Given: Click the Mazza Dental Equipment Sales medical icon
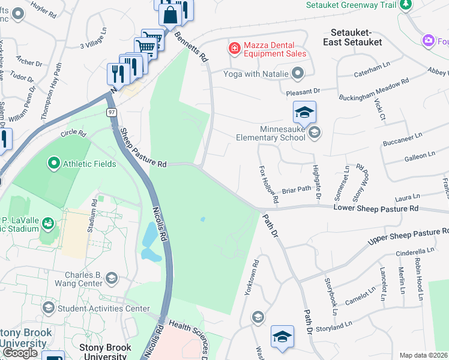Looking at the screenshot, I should pyautogui.click(x=234, y=47).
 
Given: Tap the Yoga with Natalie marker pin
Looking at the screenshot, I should pyautogui.click(x=298, y=74).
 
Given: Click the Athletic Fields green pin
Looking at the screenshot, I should pyautogui.click(x=54, y=163).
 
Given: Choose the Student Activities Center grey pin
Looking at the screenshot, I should pyautogui.click(x=48, y=309).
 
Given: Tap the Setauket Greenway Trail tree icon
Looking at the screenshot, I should pyautogui.click(x=406, y=5).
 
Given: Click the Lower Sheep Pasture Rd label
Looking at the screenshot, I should pyautogui.click(x=375, y=208).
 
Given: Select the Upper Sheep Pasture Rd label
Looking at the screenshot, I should pyautogui.click(x=408, y=235).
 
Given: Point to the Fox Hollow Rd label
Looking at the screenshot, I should pyautogui.click(x=268, y=184).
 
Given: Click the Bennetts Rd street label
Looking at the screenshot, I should pyautogui.click(x=191, y=47).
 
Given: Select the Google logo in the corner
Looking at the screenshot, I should pyautogui.click(x=20, y=353).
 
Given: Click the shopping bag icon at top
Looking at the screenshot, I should pyautogui.click(x=170, y=14).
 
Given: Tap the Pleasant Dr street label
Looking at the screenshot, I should pyautogui.click(x=304, y=91).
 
